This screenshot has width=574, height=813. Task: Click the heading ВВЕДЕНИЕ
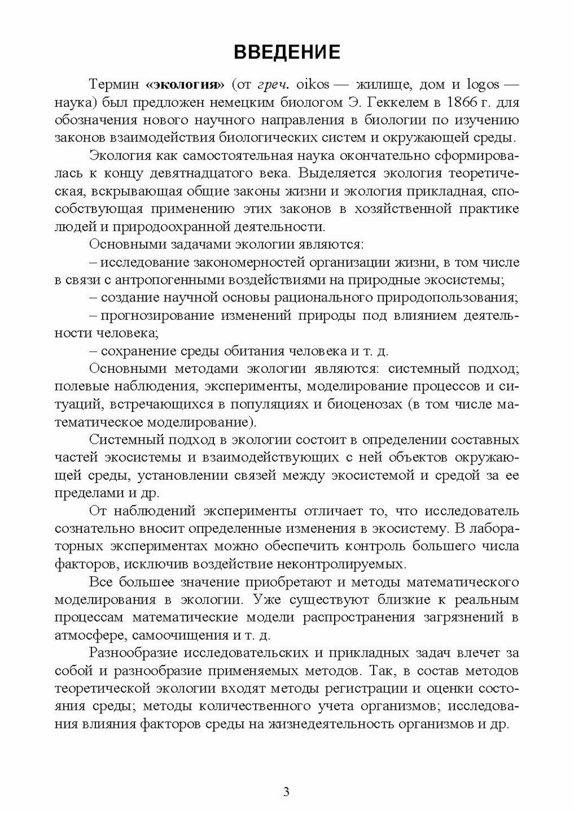286,52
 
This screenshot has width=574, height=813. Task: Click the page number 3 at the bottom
286,792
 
